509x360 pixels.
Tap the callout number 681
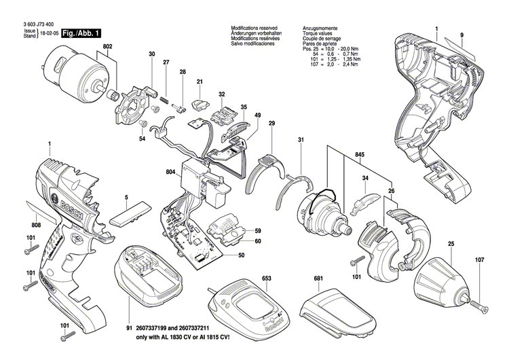(x=318, y=278)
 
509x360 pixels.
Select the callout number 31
(x=299, y=140)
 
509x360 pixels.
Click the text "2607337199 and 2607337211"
(x=181, y=327)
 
